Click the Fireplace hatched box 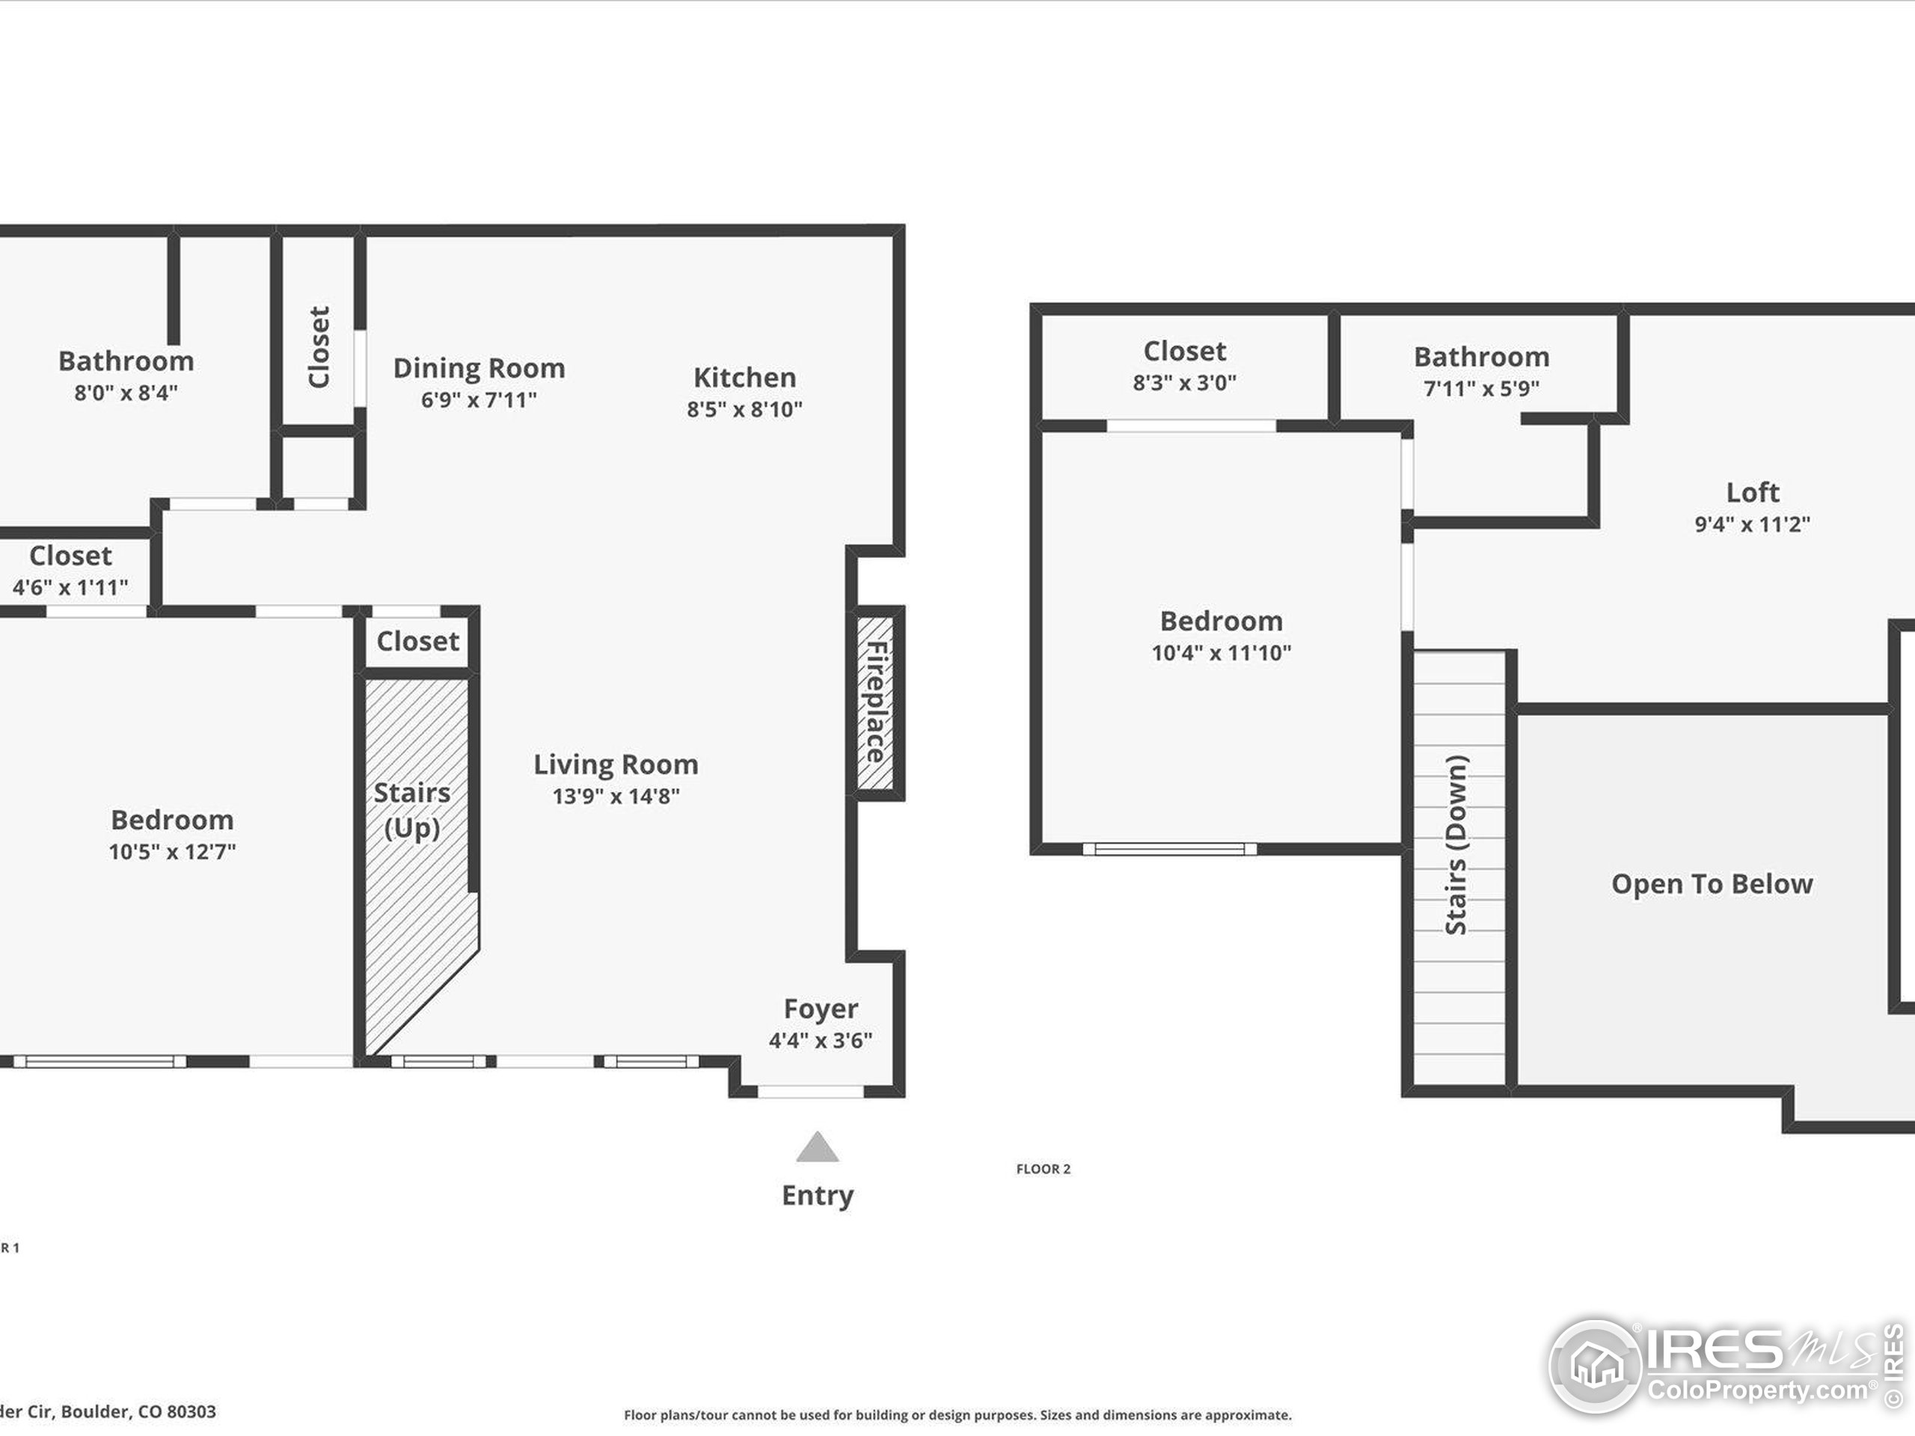tap(875, 702)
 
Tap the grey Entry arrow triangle tap(818, 1149)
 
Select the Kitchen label tap(744, 378)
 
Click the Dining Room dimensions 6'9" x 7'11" tap(479, 400)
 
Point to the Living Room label tap(616, 764)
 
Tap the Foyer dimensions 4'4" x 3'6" tap(820, 1040)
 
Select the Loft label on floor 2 tap(1752, 493)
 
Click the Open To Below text tap(1712, 884)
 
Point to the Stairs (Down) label tap(1457, 845)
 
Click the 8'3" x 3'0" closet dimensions tap(1184, 383)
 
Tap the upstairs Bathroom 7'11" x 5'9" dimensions tap(1481, 389)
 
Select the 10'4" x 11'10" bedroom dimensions tap(1221, 653)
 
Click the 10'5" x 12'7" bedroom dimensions tap(172, 852)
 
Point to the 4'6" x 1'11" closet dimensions tap(70, 588)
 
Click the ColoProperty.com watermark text tap(1757, 1391)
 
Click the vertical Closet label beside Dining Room tap(319, 347)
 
